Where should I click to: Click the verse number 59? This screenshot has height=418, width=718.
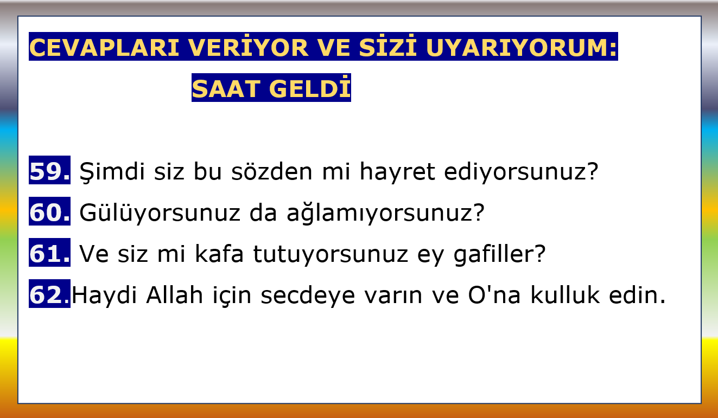point(50,171)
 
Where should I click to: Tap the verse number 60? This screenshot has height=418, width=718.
point(50,212)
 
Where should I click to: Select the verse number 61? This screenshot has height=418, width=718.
point(50,253)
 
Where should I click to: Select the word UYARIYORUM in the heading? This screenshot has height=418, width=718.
point(522,48)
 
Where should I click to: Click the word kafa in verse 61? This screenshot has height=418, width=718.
point(219,253)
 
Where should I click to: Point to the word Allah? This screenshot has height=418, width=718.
point(175,295)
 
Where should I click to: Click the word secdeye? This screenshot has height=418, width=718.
point(308,295)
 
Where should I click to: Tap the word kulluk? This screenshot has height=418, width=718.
point(565,295)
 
